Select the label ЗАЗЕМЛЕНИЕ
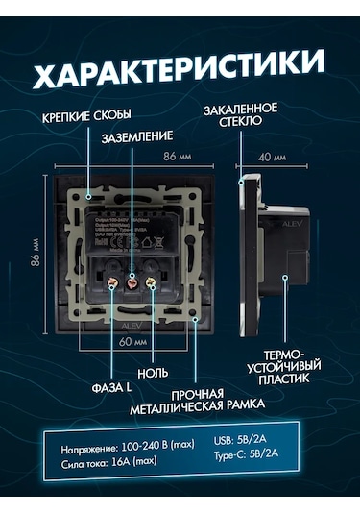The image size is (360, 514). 139,136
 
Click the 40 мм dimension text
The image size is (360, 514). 273,156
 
